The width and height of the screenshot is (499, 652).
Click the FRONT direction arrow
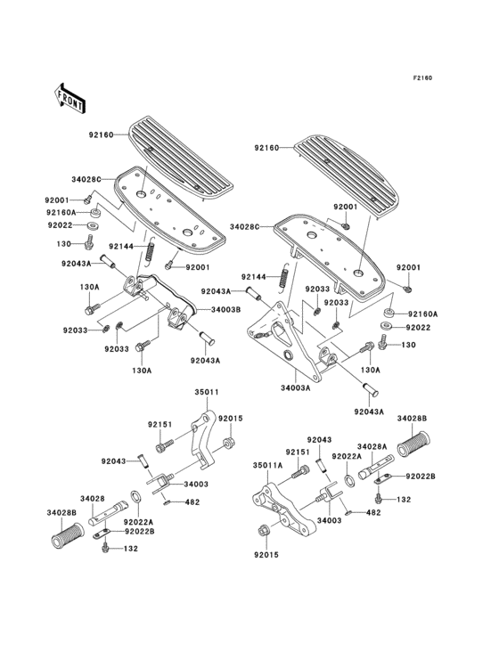point(70,98)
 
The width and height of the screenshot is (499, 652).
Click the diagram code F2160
point(422,77)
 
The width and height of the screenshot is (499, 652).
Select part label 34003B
point(225,309)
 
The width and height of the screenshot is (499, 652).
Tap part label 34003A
point(296,388)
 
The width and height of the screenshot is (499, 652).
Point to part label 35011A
point(268,465)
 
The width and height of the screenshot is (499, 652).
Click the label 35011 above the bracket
point(207,392)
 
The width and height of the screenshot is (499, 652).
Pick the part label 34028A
point(372,446)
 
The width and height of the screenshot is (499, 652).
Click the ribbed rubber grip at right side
point(413,444)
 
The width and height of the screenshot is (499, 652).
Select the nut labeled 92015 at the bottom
point(263,531)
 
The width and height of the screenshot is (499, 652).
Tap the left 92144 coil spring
point(150,250)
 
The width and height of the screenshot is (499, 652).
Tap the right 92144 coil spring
point(283,276)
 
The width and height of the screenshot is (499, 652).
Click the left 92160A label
point(61,213)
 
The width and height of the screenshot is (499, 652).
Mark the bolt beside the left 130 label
point(88,242)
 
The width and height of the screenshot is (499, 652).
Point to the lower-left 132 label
point(131,549)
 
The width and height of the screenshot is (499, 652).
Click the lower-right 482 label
point(373,513)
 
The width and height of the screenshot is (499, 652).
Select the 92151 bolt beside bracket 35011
point(164,445)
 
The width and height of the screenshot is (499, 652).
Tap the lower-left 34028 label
point(93,498)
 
